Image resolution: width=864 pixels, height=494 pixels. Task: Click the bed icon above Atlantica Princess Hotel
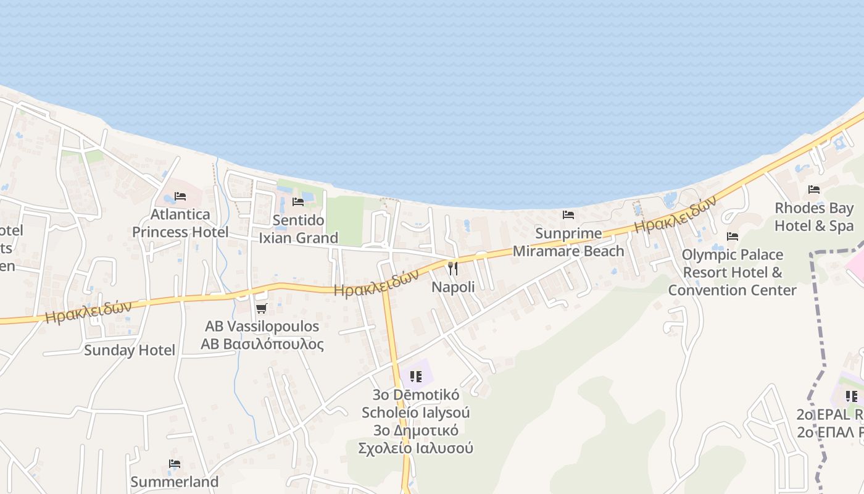[x=180, y=196]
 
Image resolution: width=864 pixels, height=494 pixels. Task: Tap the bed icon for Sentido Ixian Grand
[x=298, y=202]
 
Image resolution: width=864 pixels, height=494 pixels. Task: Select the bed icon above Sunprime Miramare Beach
[x=568, y=215]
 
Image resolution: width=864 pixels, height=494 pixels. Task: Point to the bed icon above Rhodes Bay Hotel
[x=814, y=190]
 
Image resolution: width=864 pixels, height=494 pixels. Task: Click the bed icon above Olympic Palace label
[x=733, y=237]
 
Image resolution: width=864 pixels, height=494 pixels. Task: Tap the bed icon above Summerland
[x=175, y=464]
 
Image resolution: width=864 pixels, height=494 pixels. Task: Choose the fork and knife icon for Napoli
[x=453, y=269]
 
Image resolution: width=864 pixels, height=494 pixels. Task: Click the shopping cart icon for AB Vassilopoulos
[x=262, y=308]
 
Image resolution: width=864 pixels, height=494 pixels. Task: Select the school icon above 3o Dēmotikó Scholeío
[x=416, y=376]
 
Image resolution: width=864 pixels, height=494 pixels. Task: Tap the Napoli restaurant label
[x=453, y=287]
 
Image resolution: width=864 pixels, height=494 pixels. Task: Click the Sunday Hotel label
[x=130, y=350]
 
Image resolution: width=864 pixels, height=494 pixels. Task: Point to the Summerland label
[x=175, y=482]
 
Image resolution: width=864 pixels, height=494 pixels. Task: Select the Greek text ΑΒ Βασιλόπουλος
[x=262, y=344]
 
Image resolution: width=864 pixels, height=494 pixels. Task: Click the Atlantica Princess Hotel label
[x=180, y=223]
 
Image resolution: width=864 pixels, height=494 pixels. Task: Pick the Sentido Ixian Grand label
[x=298, y=229]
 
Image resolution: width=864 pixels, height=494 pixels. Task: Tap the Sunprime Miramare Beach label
[x=568, y=242]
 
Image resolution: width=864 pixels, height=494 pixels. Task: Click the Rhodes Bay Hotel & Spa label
[x=814, y=217]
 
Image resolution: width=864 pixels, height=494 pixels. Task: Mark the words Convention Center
[x=733, y=290]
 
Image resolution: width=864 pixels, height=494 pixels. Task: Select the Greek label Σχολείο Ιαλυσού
[x=416, y=448]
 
